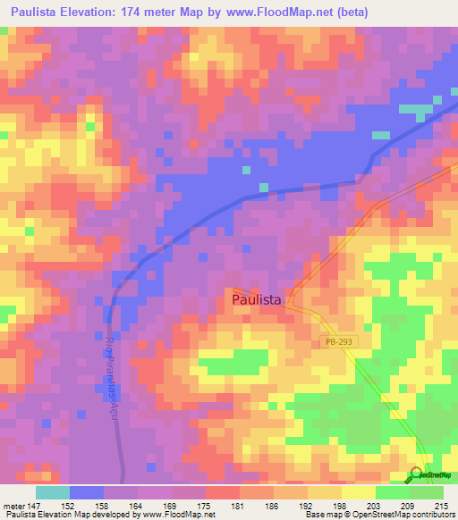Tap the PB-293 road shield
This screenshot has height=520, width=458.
pyautogui.click(x=333, y=342)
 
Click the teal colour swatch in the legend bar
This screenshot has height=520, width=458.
pyautogui.click(x=53, y=493)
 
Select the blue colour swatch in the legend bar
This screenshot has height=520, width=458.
pyautogui.click(x=87, y=493)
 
